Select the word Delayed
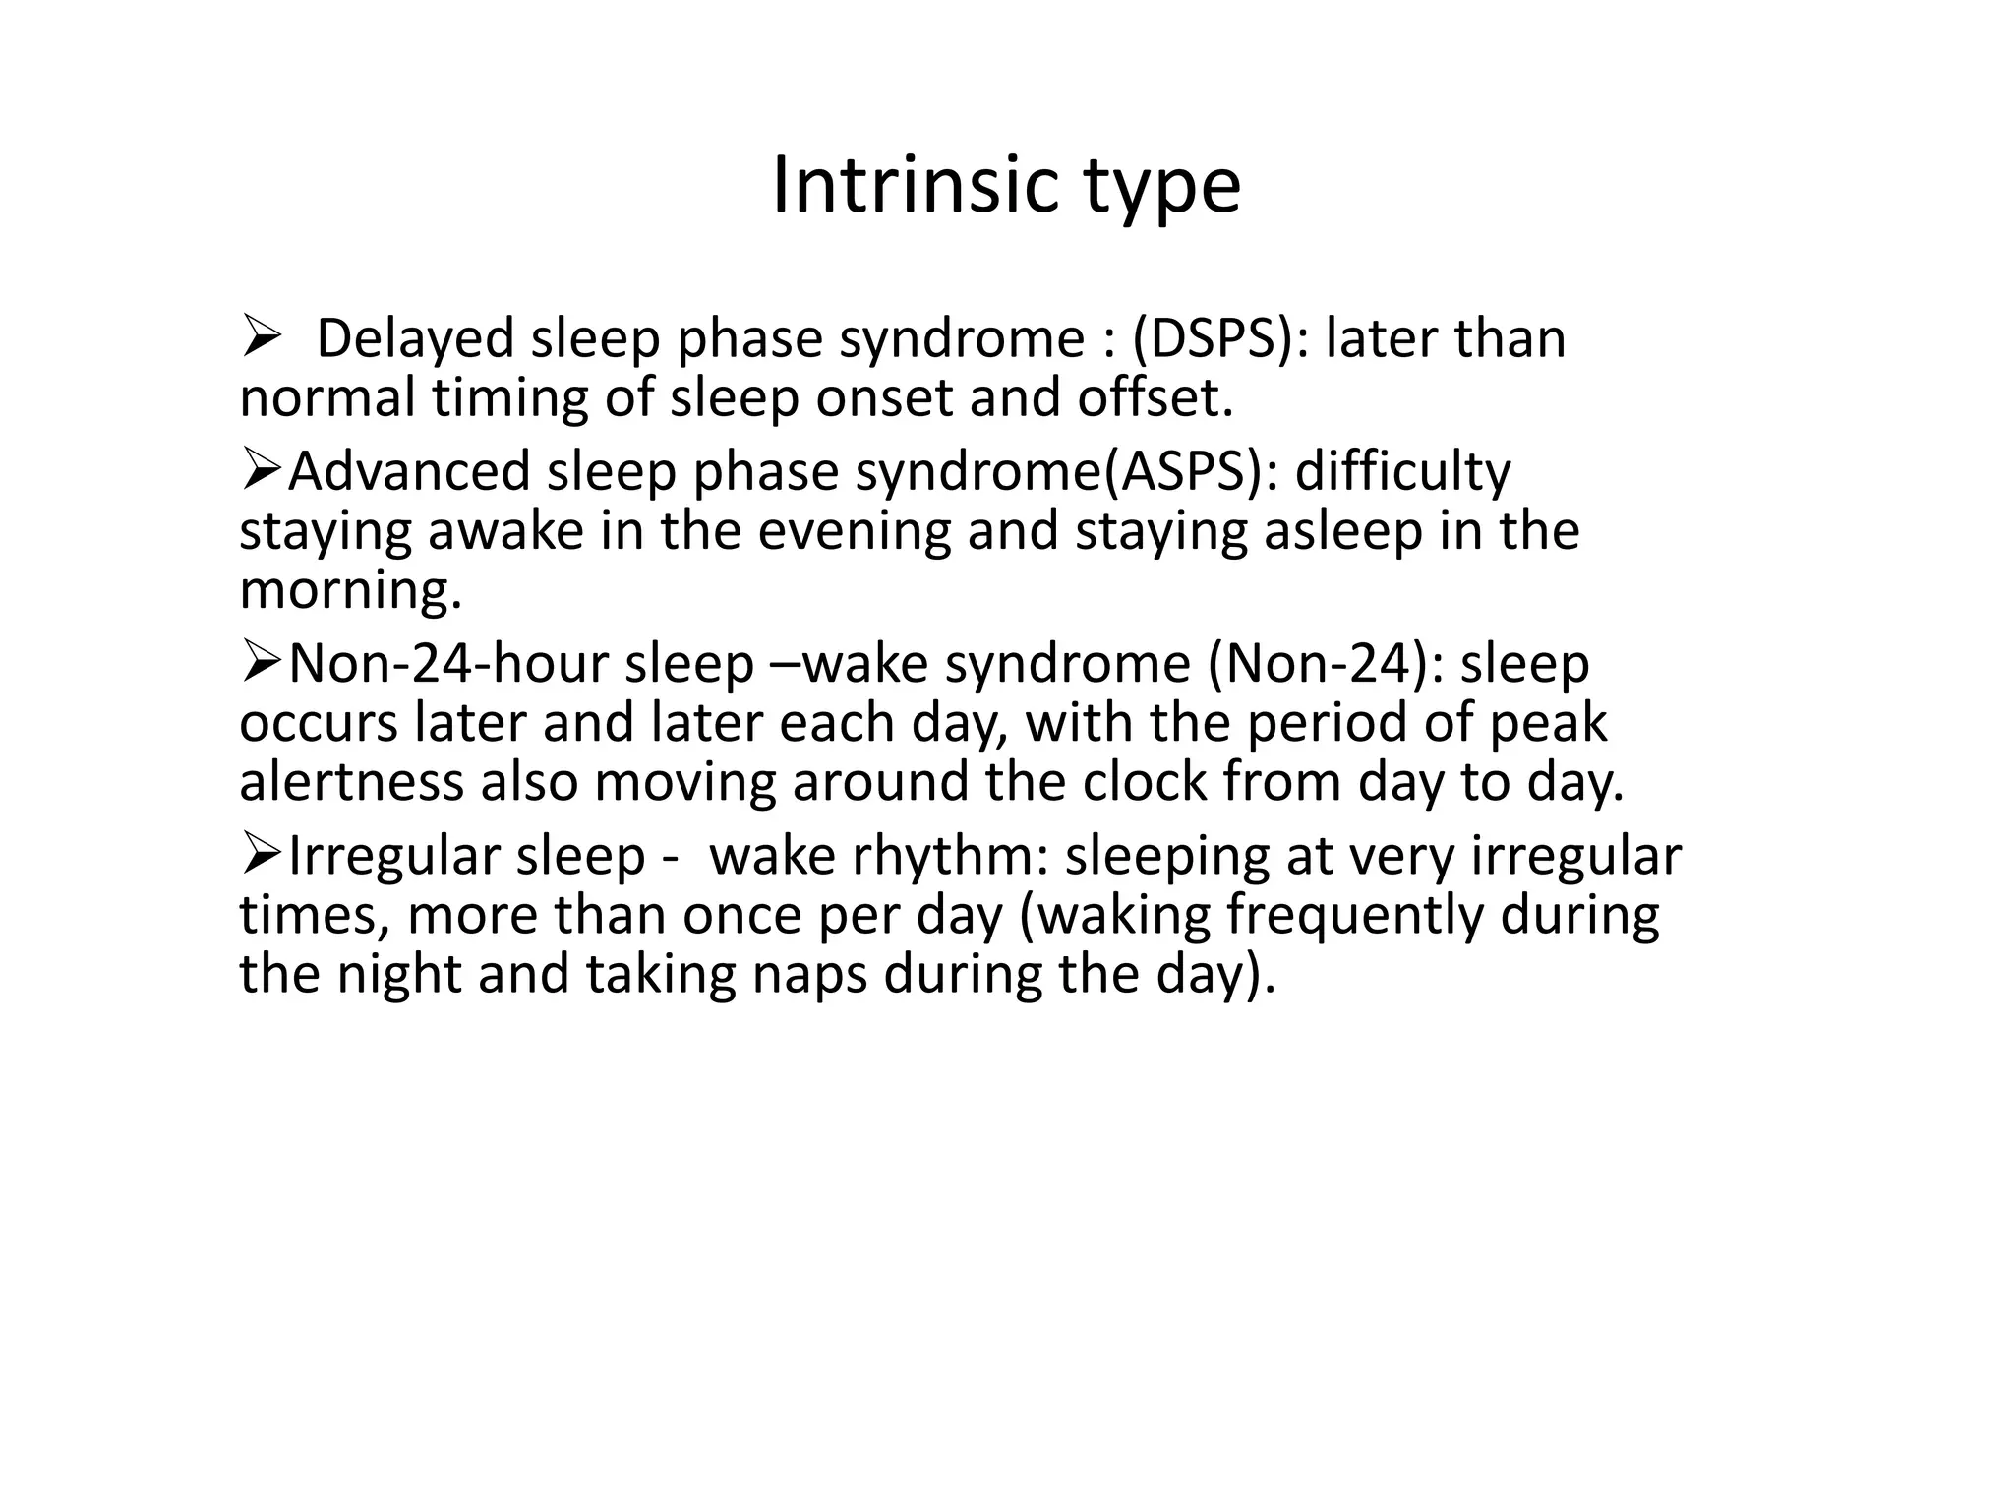click(415, 339)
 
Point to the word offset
click(1155, 398)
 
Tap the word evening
click(855, 532)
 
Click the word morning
click(350, 591)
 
